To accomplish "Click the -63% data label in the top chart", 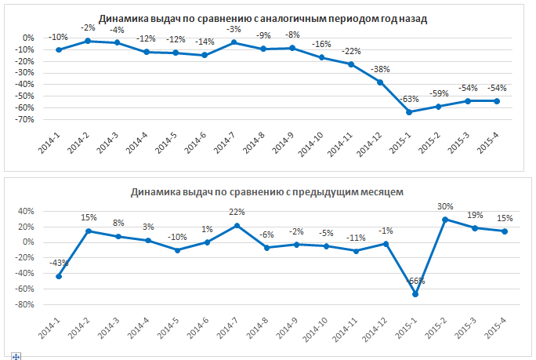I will pos(409,100).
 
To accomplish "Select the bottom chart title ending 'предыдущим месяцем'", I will pos(267,191).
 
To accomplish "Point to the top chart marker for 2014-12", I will pos(380,82).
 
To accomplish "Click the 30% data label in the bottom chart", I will pos(445,207).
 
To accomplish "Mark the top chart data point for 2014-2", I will pos(87,41).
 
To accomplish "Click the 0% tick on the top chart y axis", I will pos(28,38).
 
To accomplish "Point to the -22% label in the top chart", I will pos(350,51).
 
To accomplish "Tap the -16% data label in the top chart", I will pos(321,45).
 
